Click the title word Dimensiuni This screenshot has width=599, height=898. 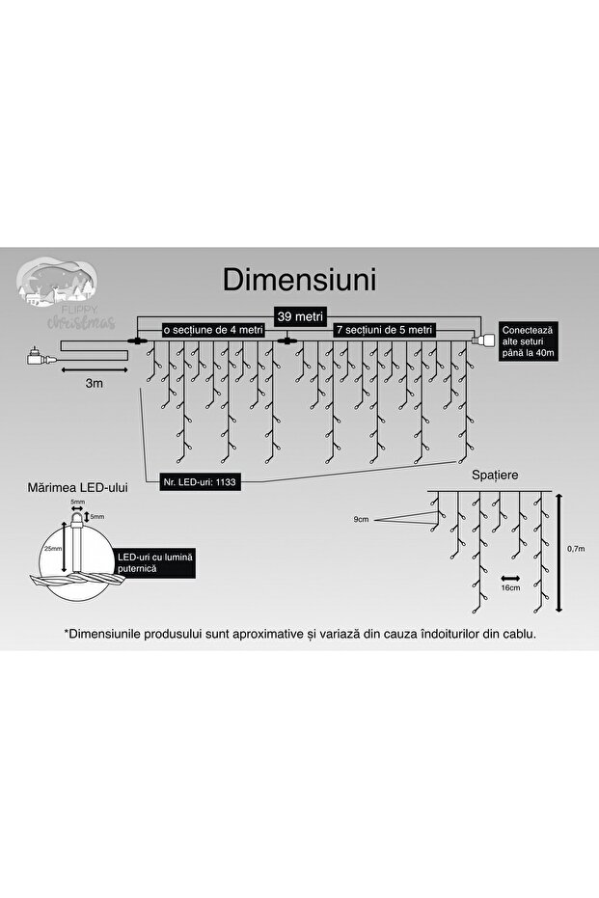(x=300, y=279)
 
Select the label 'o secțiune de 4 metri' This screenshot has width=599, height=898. (x=212, y=330)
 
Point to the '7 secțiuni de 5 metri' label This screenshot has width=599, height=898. (x=385, y=330)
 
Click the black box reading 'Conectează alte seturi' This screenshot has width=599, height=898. (x=528, y=341)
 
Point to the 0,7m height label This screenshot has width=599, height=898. (x=576, y=548)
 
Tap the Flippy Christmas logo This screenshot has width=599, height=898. (x=68, y=292)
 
